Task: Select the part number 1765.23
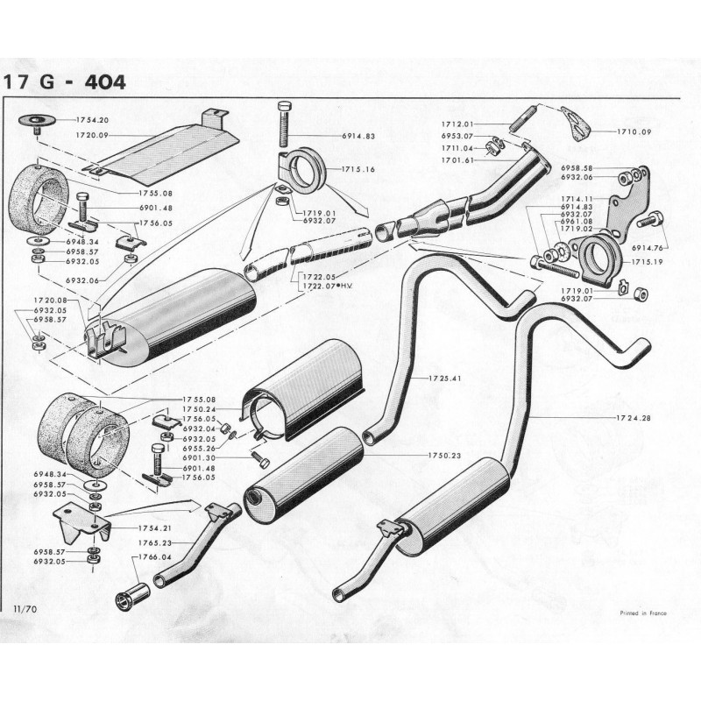[x=154, y=543]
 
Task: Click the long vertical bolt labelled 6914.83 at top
[x=284, y=128]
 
